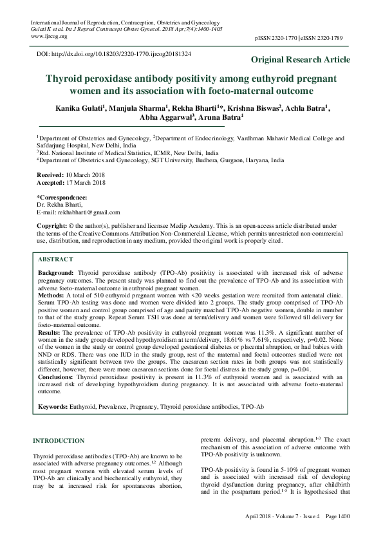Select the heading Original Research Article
click(301, 60)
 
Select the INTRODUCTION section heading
click(58, 441)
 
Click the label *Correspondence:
click(62, 197)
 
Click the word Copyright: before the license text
click(52, 226)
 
